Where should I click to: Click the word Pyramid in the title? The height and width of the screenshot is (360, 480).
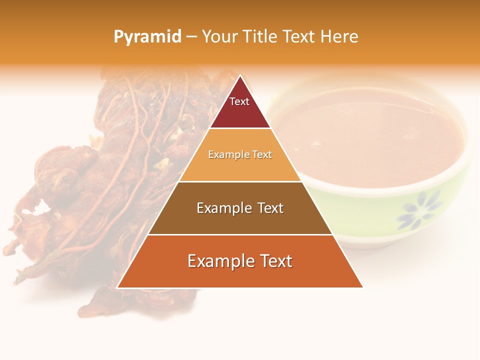click(x=147, y=37)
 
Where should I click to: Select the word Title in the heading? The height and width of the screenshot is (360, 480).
click(x=259, y=37)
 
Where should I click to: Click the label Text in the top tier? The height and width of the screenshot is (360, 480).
click(x=239, y=101)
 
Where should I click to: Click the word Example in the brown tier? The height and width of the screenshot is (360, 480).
click(x=223, y=208)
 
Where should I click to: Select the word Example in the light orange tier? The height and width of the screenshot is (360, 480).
click(x=226, y=155)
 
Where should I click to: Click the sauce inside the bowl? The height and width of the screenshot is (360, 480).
click(x=370, y=135)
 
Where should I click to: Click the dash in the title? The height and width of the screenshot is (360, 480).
click(x=191, y=37)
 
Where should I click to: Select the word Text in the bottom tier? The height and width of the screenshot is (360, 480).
click(x=274, y=261)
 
